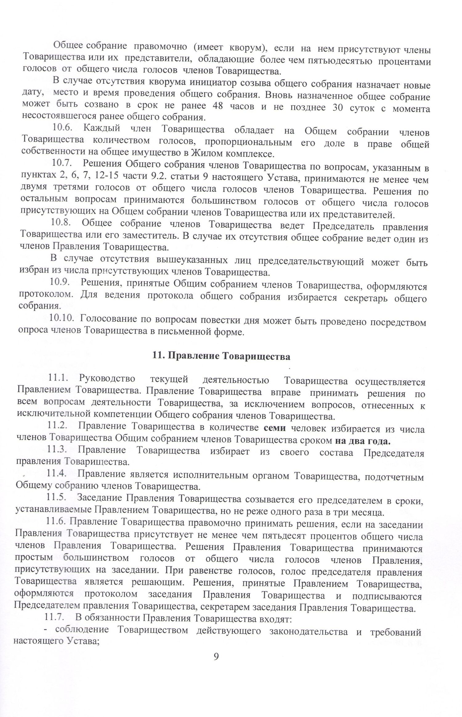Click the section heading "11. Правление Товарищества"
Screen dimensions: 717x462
pyautogui.click(x=221, y=357)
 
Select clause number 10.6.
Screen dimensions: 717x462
pyautogui.click(x=63, y=127)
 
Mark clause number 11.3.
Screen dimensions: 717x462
pyautogui.click(x=57, y=449)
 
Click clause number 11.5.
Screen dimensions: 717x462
pyautogui.click(x=56, y=497)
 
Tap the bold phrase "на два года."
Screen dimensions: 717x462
pyautogui.click(x=362, y=441)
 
